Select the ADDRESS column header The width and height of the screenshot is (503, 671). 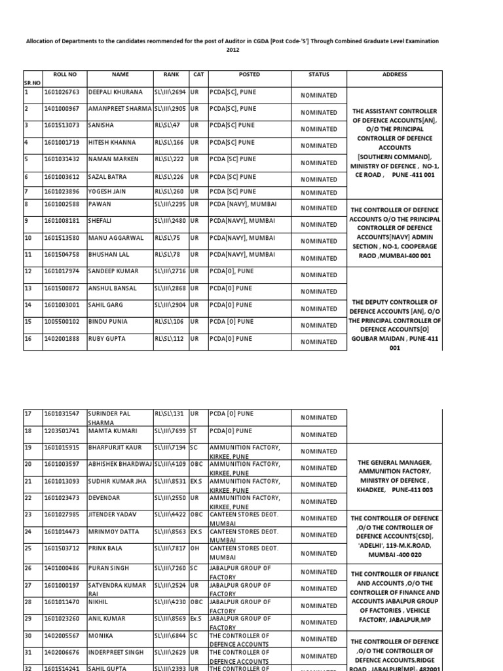395,75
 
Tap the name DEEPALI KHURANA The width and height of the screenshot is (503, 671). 111,92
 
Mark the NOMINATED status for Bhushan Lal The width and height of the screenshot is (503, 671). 318,258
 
